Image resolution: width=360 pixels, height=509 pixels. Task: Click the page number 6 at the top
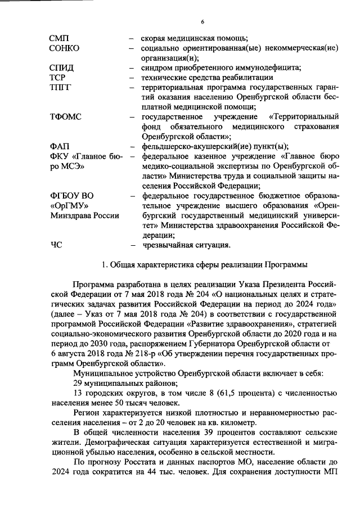coord(202,21)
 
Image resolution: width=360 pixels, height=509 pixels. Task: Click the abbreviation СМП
coord(59,38)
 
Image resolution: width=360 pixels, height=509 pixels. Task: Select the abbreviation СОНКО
coord(64,48)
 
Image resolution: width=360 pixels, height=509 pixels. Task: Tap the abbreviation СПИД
coord(61,68)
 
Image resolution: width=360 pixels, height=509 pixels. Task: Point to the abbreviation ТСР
coord(58,78)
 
